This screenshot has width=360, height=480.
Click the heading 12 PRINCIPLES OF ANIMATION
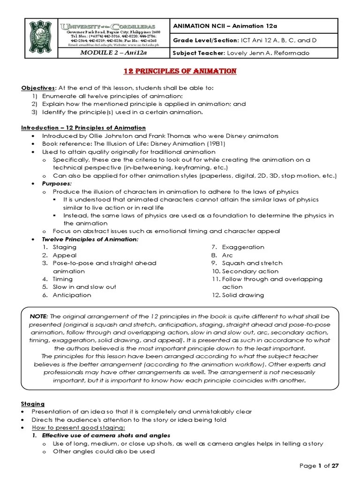point(180,71)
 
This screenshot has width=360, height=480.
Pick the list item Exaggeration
point(243,247)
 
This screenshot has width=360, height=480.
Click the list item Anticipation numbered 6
point(72,295)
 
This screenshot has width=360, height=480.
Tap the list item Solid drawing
point(243,295)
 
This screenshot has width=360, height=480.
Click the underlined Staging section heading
point(33,404)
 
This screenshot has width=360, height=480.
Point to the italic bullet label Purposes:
point(57,184)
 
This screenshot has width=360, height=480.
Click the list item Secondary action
point(250,271)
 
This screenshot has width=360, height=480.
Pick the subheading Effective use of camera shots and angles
point(106,435)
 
